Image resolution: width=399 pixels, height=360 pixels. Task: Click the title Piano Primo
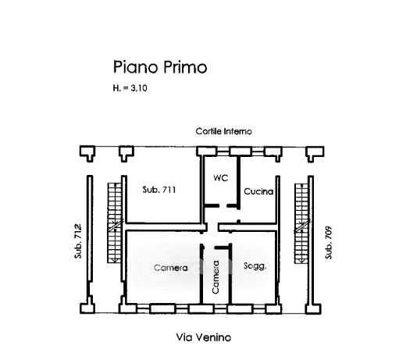click(160, 67)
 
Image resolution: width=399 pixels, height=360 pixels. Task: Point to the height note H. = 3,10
click(130, 88)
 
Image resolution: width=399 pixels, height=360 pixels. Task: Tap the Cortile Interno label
click(224, 131)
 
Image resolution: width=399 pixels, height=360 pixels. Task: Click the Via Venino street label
click(204, 337)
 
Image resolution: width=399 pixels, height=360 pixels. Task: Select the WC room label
click(221, 178)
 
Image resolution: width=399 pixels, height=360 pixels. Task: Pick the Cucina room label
click(258, 191)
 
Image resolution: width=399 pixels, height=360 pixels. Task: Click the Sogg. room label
click(255, 266)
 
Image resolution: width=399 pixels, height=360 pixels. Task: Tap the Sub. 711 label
click(159, 190)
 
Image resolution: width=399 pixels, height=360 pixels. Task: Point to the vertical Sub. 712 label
click(78, 241)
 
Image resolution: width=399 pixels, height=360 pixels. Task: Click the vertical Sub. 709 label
click(329, 243)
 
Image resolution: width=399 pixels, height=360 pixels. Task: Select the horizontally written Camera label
click(171, 268)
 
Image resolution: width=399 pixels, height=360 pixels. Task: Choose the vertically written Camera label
click(216, 277)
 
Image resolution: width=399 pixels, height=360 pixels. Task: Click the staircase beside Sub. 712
click(115, 223)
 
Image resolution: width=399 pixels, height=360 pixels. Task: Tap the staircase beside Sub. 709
click(301, 223)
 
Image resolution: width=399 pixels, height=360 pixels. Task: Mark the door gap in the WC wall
click(223, 206)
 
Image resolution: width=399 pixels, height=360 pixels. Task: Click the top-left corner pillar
click(87, 154)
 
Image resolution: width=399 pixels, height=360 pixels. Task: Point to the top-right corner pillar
click(315, 154)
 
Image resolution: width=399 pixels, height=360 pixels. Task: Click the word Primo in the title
click(185, 67)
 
